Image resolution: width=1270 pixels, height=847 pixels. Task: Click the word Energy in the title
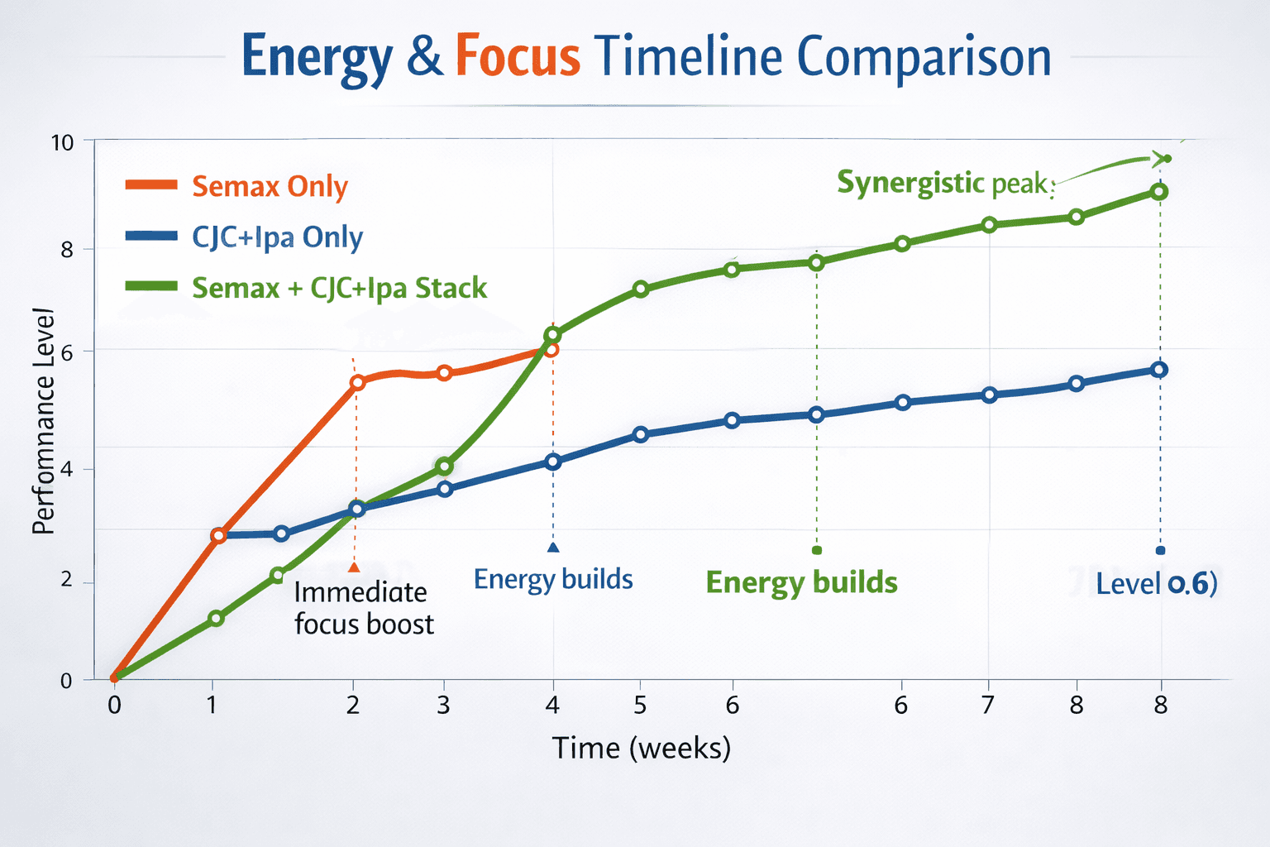pos(317,58)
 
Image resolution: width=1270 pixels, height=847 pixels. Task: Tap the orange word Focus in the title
pos(518,58)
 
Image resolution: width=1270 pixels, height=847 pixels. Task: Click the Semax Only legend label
pos(270,186)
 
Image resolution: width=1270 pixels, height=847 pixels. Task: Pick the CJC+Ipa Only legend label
pos(277,237)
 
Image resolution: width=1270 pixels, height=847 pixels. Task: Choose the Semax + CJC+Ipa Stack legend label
pos(339,288)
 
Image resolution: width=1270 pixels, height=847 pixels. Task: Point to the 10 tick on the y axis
pos(62,142)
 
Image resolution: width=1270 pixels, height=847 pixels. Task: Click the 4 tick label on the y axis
pos(66,469)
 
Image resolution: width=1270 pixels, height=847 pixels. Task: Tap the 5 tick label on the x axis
pos(640,706)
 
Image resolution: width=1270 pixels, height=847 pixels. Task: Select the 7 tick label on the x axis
pos(988,706)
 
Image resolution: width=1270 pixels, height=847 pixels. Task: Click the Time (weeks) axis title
pos(642,748)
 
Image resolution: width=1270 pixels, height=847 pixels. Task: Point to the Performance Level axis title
pos(43,422)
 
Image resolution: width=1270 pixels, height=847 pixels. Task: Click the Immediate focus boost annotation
pos(363,608)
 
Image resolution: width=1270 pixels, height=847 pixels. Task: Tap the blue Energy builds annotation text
pos(553,579)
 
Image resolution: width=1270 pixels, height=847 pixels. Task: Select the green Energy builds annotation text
pos(801,582)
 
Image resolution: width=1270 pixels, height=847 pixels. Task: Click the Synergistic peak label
pos(943,183)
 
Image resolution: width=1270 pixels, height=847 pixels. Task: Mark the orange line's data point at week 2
pos(357,382)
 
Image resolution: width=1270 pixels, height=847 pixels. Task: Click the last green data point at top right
pos(1159,192)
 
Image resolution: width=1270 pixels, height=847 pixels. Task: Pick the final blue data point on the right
pos(1159,370)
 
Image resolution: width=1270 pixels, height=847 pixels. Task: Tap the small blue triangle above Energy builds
pos(553,547)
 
